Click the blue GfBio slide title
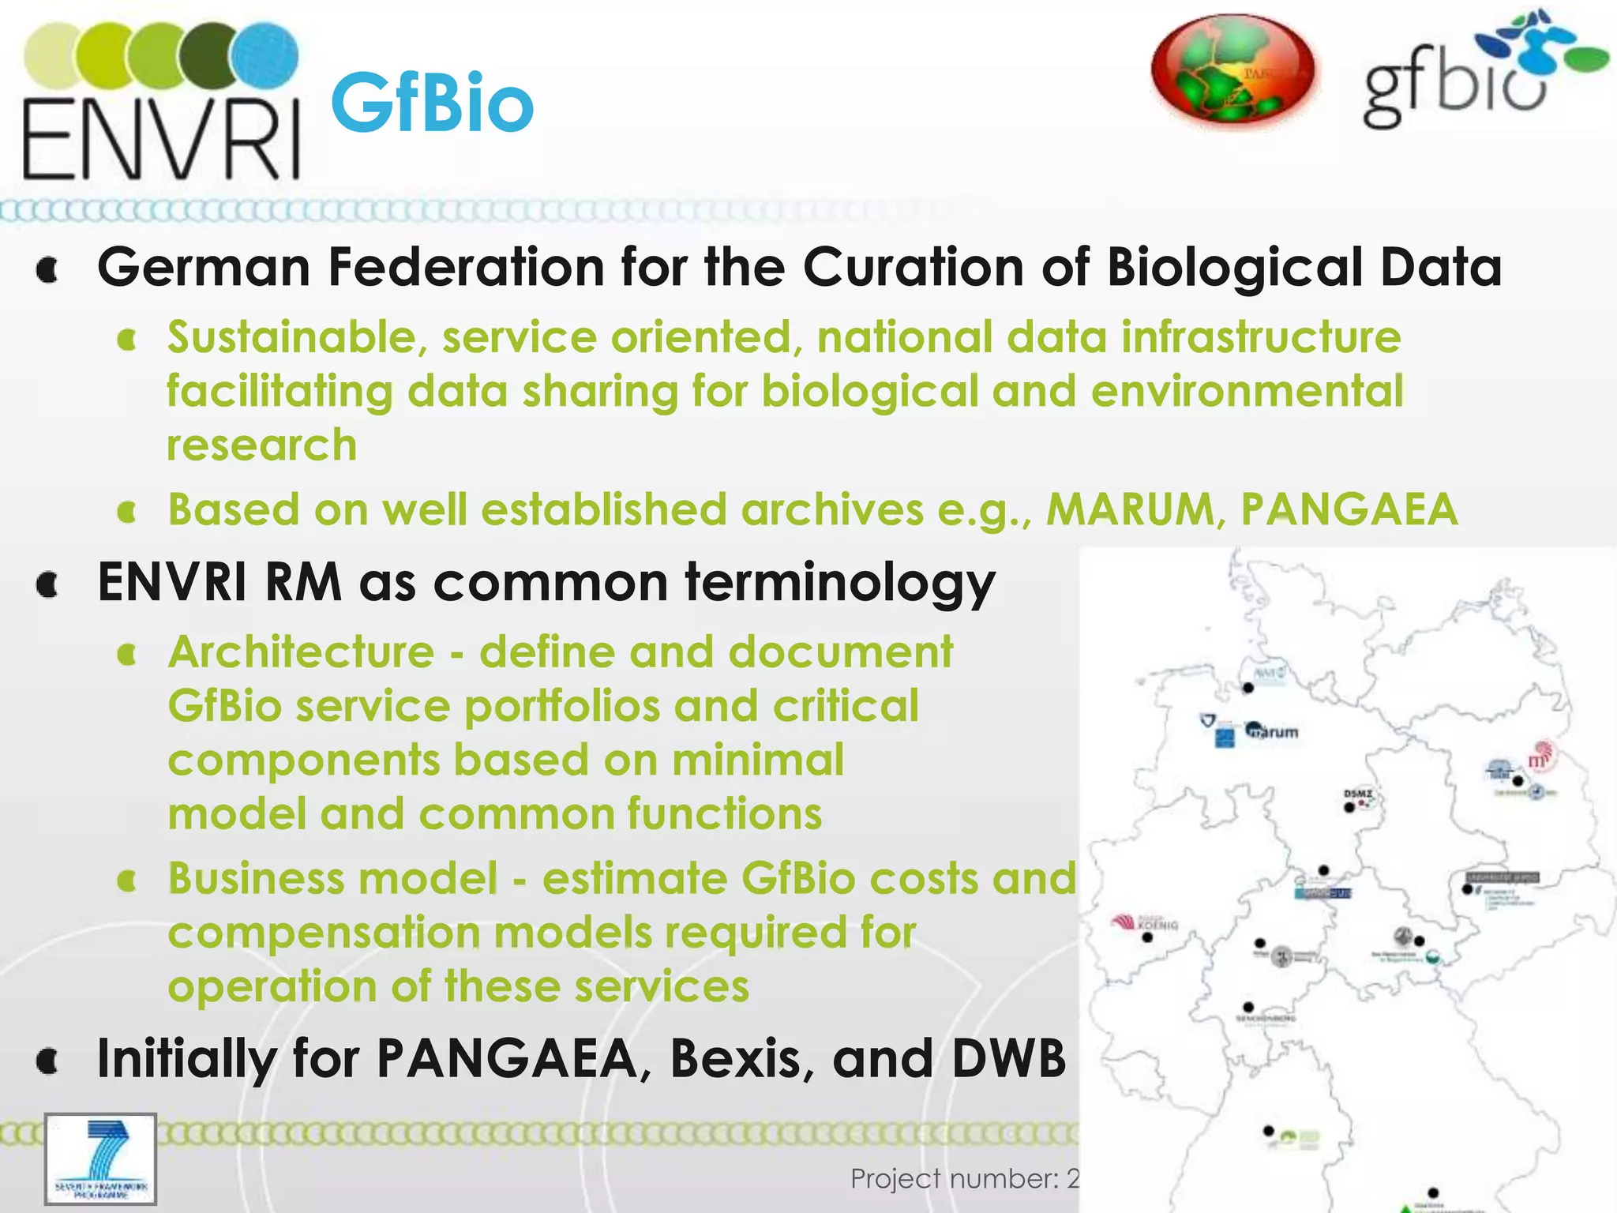[432, 103]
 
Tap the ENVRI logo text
[162, 140]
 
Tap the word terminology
[840, 583]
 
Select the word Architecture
[301, 652]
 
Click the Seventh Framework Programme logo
[100, 1159]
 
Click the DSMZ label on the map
[1358, 794]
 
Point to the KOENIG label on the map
[1159, 924]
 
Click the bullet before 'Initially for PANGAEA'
[48, 1061]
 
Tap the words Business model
[332, 878]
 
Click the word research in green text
[261, 445]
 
